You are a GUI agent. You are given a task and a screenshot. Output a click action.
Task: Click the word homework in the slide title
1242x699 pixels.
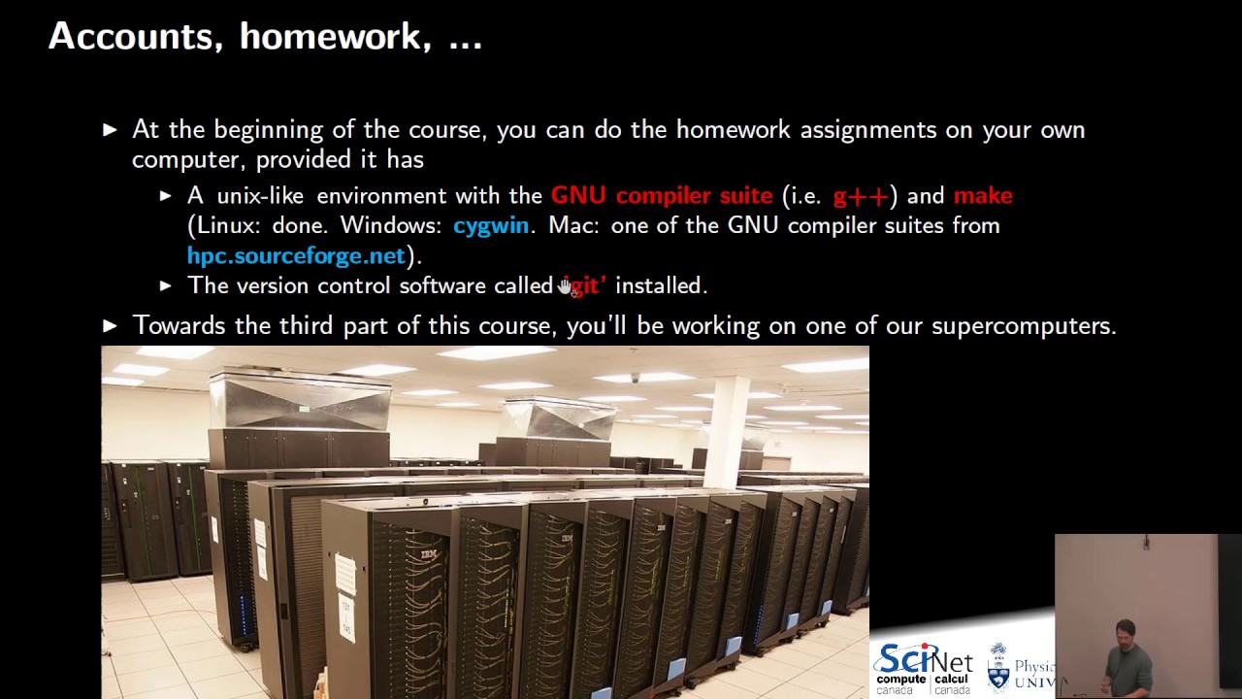tap(329, 37)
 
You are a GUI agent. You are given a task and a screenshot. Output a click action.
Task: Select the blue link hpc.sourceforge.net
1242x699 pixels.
tap(296, 255)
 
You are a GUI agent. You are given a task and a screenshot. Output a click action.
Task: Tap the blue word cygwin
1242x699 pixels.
tap(491, 225)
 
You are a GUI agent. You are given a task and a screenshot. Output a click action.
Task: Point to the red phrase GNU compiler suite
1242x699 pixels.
tap(662, 196)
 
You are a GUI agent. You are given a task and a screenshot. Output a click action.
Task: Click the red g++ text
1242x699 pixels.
tap(861, 196)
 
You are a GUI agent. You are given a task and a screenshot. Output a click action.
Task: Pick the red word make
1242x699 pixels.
tap(983, 196)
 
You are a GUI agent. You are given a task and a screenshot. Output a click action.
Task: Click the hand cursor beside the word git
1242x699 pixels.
tap(566, 286)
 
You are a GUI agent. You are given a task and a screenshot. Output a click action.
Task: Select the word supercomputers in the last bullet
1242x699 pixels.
tap(1023, 326)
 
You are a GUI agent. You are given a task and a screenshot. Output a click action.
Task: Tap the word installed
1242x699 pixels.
tap(660, 285)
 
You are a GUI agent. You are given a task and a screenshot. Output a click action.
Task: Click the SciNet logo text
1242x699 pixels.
tap(923, 661)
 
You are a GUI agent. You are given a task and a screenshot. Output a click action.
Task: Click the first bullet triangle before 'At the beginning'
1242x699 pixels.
tap(110, 130)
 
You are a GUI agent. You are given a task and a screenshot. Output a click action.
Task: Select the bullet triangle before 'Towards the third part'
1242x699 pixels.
tap(110, 326)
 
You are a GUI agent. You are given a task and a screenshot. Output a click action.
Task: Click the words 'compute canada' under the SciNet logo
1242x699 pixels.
tap(900, 684)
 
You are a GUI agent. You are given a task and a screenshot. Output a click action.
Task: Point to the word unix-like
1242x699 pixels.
tap(259, 196)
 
